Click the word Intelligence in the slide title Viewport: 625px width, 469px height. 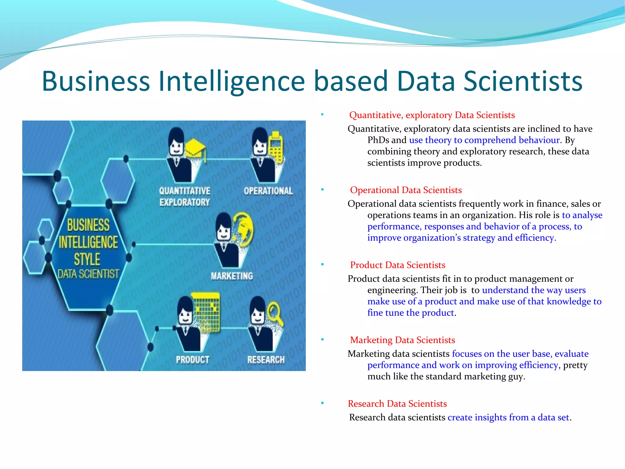click(232, 81)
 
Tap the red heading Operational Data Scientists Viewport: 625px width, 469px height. click(406, 190)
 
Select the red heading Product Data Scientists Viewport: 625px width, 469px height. click(398, 265)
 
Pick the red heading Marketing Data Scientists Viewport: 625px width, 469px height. click(403, 340)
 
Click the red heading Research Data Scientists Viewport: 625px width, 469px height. click(397, 404)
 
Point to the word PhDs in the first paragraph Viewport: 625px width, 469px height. click(378, 140)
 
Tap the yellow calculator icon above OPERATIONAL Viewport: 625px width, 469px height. click(276, 147)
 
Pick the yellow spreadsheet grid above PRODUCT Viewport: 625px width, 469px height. click(206, 312)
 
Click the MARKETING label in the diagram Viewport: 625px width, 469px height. click(232, 276)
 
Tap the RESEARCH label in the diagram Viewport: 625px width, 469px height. click(266, 360)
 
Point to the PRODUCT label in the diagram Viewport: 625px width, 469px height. click(193, 360)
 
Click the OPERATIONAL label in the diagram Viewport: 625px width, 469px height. click(268, 191)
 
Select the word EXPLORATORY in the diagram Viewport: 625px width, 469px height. click(185, 202)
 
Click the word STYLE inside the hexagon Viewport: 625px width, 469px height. click(87, 259)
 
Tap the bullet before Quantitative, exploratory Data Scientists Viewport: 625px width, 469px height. click(322, 115)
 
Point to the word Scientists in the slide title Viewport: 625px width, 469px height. click(523, 81)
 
